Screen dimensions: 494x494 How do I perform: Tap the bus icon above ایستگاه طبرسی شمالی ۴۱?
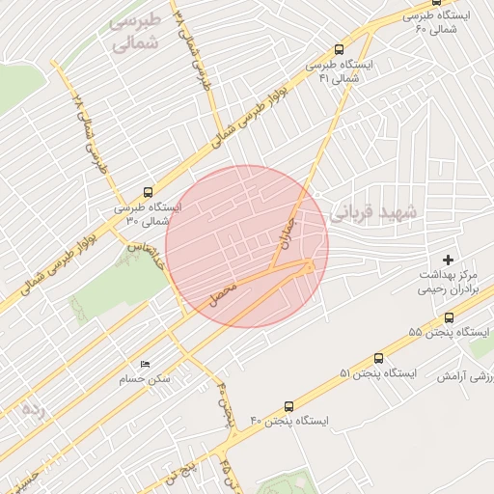point(339,50)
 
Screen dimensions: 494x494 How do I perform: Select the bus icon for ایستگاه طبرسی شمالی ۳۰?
point(147,191)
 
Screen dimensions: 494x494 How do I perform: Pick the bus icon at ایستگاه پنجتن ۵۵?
point(449,317)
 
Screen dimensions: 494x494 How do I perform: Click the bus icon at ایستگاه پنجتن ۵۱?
point(378,357)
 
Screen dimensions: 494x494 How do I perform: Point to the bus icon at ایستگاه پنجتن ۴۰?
point(288,407)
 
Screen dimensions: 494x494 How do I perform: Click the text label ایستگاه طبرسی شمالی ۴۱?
point(340,71)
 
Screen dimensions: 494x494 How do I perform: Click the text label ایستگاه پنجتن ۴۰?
point(289,422)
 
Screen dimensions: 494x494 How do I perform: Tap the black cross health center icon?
point(448,260)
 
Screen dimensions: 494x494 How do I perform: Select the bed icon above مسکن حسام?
point(146,364)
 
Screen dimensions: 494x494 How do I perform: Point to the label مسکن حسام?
point(146,378)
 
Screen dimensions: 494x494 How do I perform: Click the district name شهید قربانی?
point(377,213)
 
